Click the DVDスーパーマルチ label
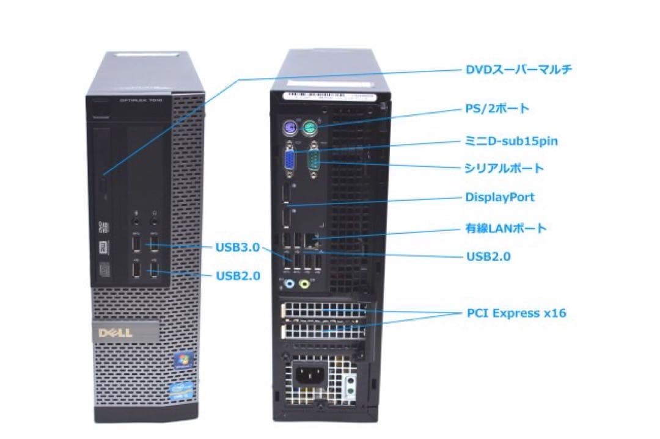pyautogui.click(x=519, y=70)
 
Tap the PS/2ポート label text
pyautogui.click(x=494, y=109)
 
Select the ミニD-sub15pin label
pyautogui.click(x=511, y=142)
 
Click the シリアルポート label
pyautogui.click(x=504, y=168)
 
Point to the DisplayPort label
pyautogui.click(x=500, y=197)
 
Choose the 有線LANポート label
pyautogui.click(x=506, y=229)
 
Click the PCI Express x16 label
pyautogui.click(x=516, y=313)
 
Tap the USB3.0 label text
pyautogui.click(x=238, y=247)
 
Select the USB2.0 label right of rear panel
pyautogui.click(x=488, y=256)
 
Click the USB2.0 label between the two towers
pyautogui.click(x=238, y=276)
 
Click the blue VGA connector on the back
pyautogui.click(x=288, y=160)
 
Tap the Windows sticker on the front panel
pyautogui.click(x=180, y=360)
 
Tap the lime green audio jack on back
pyautogui.click(x=306, y=283)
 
